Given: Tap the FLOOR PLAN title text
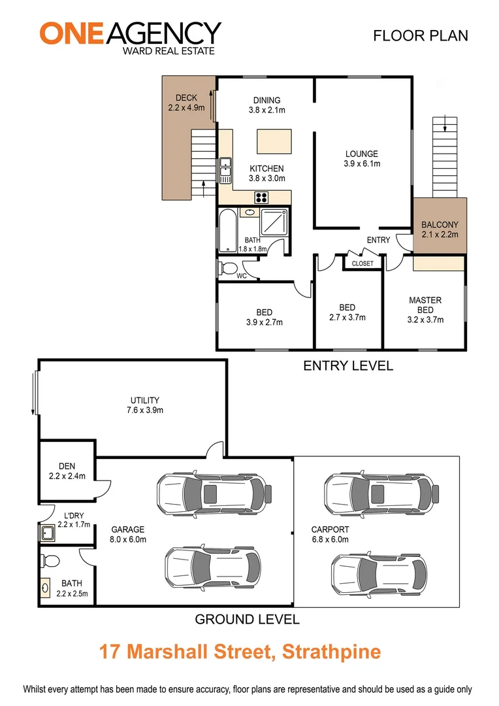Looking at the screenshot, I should (420, 35).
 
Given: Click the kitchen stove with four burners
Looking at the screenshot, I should (263, 196).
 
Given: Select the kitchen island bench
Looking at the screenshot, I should (274, 141).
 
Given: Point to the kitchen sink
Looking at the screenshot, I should (225, 171).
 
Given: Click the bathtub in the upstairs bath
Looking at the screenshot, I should (228, 230).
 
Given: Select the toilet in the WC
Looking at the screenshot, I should (228, 267).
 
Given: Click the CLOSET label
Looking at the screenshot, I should (362, 263).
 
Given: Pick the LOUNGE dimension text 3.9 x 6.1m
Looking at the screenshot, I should (362, 164).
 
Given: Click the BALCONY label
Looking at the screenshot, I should (440, 224).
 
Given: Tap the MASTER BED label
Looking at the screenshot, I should (425, 305).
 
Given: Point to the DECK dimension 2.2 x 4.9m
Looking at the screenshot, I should (186, 108).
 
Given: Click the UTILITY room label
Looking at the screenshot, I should (144, 400).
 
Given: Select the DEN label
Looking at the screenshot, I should (67, 466).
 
